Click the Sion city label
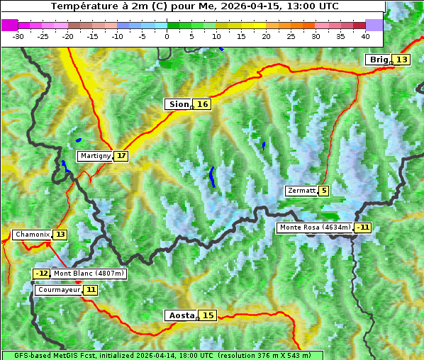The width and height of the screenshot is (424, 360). point(178,104)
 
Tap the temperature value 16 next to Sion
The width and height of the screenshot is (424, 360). point(203,104)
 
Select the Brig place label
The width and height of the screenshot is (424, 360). point(378,60)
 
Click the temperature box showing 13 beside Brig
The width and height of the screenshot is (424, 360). point(401,60)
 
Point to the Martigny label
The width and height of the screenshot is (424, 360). point(95,156)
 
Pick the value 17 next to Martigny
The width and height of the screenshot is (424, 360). point(121,156)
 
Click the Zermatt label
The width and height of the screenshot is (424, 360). point(301,191)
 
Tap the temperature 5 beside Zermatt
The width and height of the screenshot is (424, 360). point(324,191)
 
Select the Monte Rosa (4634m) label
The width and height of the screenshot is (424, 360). point(315,227)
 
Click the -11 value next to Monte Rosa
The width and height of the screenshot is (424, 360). point(363,227)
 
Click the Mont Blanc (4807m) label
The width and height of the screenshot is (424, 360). point(89,274)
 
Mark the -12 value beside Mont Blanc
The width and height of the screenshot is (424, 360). point(42,274)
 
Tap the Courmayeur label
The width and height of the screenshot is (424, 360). point(59,290)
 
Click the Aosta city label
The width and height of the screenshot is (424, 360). point(180,315)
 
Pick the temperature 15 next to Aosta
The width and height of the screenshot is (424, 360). point(208,315)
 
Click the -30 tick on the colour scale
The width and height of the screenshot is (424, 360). point(18,35)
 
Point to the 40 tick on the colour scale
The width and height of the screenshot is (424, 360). point(365,35)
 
